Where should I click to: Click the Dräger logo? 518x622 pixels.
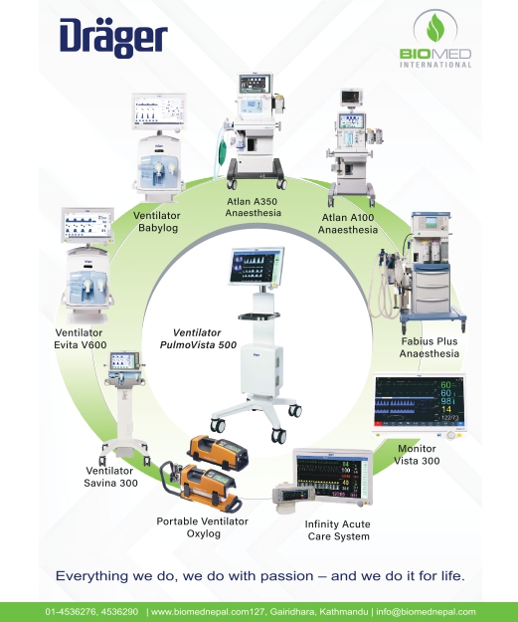[113, 38]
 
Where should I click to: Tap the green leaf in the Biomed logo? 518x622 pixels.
[434, 27]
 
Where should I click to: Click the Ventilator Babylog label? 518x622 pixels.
[157, 222]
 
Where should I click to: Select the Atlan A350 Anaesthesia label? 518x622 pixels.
[253, 207]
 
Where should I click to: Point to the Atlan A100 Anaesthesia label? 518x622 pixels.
[348, 223]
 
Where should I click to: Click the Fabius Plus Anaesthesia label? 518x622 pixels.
[430, 347]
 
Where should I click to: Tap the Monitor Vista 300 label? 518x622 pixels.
[417, 455]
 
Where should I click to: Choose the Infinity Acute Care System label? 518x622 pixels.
[338, 530]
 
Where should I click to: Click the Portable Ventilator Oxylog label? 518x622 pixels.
[203, 527]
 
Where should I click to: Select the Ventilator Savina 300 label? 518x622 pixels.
[110, 477]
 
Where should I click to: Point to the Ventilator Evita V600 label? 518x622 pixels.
[80, 338]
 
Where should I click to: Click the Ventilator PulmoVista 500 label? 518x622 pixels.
[198, 338]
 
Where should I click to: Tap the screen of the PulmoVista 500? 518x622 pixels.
[257, 266]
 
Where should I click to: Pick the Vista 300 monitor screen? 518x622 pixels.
[419, 401]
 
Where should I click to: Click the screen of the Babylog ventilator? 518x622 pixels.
[159, 111]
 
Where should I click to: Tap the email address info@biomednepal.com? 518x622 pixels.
[426, 612]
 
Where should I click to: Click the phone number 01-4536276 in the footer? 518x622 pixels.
[71, 612]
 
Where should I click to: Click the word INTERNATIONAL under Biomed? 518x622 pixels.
[435, 65]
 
